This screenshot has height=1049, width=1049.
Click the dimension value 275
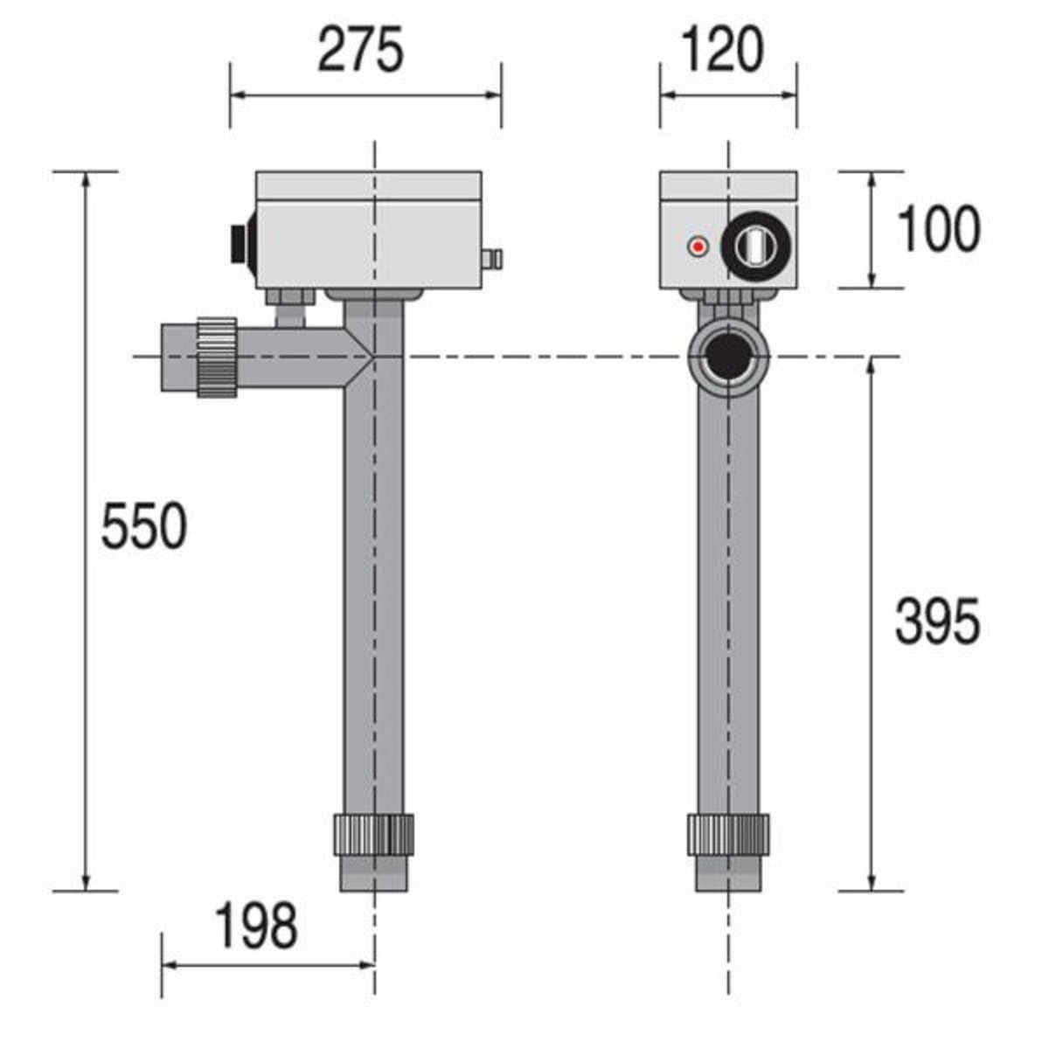(361, 50)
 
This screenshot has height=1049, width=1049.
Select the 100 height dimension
(939, 230)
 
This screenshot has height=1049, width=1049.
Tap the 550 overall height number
(144, 526)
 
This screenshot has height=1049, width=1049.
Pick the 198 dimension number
(256, 927)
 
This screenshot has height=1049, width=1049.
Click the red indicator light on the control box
(697, 247)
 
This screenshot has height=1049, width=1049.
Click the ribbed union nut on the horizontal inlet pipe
(216, 357)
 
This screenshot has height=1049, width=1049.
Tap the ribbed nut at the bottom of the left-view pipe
(373, 835)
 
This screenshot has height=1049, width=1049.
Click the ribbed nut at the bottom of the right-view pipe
(727, 835)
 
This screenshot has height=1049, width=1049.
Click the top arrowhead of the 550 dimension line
(85, 179)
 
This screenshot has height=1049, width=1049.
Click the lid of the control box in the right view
(728, 184)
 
